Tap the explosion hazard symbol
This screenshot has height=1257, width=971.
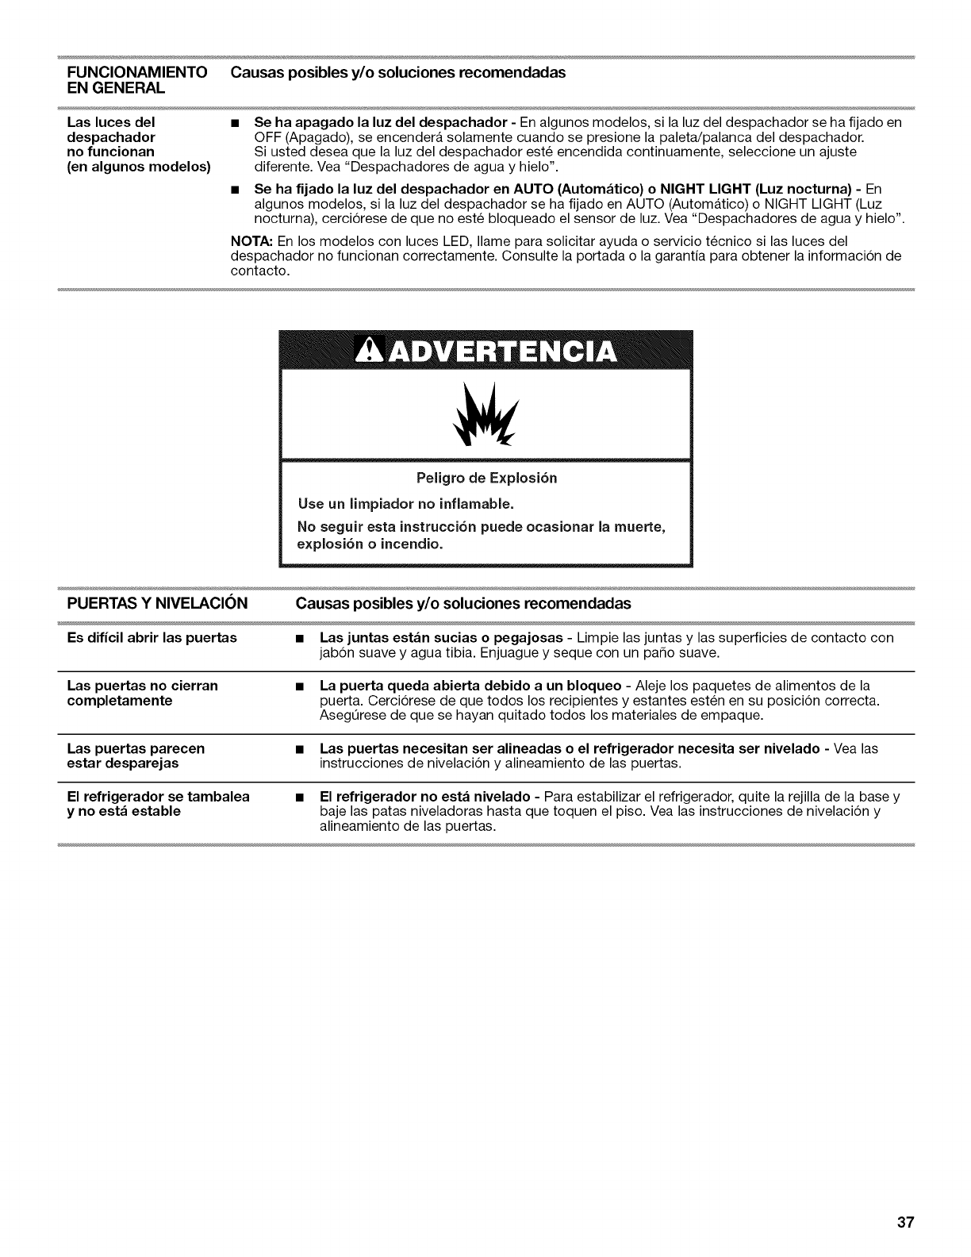pyautogui.click(x=485, y=417)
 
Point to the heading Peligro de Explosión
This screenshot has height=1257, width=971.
pyautogui.click(x=486, y=478)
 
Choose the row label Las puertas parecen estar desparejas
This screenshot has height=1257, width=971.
pyautogui.click(x=134, y=755)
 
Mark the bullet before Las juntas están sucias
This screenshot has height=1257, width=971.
pyautogui.click(x=297, y=639)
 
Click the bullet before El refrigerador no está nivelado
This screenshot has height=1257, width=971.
pyautogui.click(x=297, y=797)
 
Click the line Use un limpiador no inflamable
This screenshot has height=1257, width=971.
pyautogui.click(x=405, y=504)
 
